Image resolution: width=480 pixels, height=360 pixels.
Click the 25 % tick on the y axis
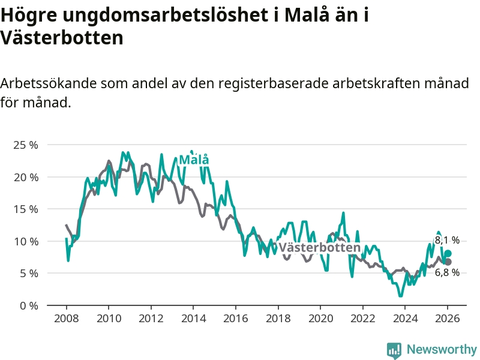pos(26,145)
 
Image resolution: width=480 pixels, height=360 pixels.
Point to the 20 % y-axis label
pos(26,177)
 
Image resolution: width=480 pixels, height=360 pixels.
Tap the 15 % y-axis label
pos(26,209)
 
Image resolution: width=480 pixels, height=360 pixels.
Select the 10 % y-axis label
pos(26,241)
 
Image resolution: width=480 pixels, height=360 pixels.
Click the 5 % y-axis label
pos(28,273)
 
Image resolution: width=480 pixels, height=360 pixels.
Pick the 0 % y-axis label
pos(28,305)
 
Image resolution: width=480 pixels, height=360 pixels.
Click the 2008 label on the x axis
pos(65,318)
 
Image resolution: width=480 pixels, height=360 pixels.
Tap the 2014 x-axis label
pos(193,318)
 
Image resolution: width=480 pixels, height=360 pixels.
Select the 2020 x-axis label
pos(320,318)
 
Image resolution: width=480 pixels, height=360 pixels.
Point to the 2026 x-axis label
pos(448,318)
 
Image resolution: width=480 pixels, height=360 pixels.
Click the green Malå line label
pos(194,160)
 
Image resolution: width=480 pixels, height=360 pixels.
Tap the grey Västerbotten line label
pos(319,248)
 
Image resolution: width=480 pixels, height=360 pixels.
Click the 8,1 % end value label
pos(447,240)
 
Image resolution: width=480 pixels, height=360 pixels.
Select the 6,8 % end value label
pos(448,272)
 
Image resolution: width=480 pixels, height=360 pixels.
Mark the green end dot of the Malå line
pos(448,253)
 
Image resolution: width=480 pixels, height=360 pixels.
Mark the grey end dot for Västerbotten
pos(448,262)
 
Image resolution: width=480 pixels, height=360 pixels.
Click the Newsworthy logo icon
pos(394,349)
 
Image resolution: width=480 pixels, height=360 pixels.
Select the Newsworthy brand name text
pos(441,349)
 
